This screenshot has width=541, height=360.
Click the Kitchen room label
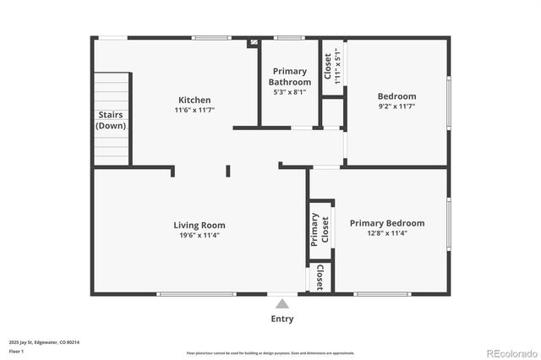tap(194, 100)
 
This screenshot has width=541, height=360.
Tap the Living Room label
tap(199, 225)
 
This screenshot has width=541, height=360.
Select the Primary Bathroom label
tap(288, 77)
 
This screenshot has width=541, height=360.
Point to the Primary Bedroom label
tap(387, 223)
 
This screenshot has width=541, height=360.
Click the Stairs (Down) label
tap(112, 120)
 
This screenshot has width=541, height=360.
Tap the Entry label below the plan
tap(282, 319)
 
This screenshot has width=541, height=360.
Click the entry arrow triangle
tap(282, 303)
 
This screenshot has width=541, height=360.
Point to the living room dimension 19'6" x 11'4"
tap(199, 236)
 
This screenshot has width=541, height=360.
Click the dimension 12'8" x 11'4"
tap(387, 234)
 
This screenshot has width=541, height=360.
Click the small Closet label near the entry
tap(320, 277)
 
